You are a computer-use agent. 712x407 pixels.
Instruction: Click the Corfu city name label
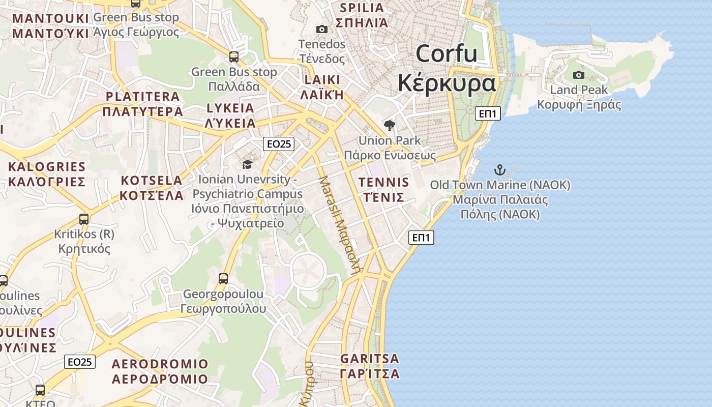447,68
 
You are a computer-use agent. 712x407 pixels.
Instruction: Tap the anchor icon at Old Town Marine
500,170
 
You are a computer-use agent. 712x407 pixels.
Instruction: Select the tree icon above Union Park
390,126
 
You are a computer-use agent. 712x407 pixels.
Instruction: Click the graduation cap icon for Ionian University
248,164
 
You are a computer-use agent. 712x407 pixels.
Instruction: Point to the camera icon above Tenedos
321,30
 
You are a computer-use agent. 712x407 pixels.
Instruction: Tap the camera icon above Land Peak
579,75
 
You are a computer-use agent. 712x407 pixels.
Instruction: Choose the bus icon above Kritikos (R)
84,219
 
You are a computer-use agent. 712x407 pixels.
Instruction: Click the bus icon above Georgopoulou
223,278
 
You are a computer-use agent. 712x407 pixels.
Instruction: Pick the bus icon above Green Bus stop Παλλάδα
234,57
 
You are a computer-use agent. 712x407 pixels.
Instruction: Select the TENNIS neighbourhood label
383,190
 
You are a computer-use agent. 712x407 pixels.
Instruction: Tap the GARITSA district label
370,366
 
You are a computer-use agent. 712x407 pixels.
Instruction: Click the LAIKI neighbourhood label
322,87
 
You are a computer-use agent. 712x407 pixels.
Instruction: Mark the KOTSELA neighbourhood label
151,188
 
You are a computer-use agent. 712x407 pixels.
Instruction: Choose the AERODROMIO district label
160,371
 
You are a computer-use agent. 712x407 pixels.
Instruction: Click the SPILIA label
362,15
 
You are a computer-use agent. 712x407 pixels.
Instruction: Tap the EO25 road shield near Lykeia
279,144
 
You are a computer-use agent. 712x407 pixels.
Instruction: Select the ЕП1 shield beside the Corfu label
488,113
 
